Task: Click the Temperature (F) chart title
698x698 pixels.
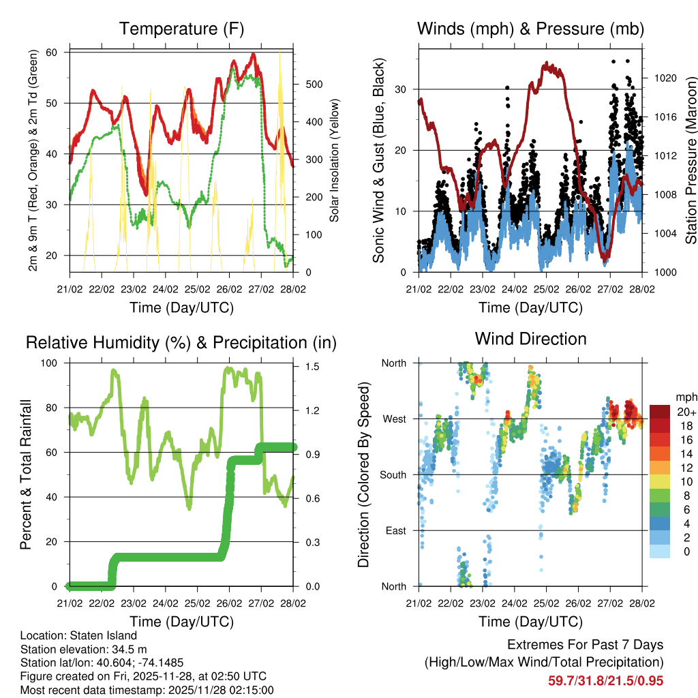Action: (181, 29)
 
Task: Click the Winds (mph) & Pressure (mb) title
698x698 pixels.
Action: (530, 29)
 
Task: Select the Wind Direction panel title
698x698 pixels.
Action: (530, 339)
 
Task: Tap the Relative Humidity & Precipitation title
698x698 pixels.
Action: (181, 343)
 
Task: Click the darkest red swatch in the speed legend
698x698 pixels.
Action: (660, 411)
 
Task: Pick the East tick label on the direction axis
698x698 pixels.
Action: (395, 530)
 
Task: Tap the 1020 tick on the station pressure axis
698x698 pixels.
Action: (665, 78)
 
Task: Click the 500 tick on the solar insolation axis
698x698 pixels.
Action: (313, 85)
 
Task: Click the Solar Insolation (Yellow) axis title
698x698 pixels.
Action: (335, 160)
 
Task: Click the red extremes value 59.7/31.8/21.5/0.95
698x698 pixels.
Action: (605, 680)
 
